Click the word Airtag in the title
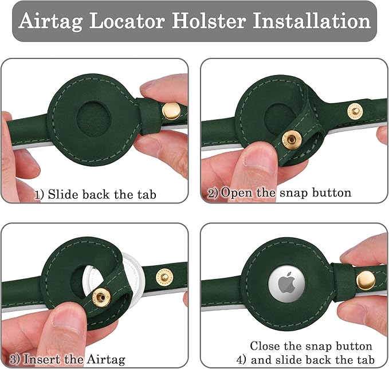(x=50, y=21)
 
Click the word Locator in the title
(x=127, y=21)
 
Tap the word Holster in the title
(x=209, y=21)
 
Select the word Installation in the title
(x=312, y=21)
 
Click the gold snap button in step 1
(x=171, y=111)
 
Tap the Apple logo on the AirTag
(x=286, y=284)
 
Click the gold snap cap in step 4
(x=366, y=280)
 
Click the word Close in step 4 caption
(x=265, y=346)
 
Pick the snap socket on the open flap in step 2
(x=291, y=140)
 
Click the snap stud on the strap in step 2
(x=355, y=111)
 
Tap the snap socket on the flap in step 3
(x=101, y=297)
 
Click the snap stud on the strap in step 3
(x=164, y=277)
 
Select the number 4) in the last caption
(x=241, y=360)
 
